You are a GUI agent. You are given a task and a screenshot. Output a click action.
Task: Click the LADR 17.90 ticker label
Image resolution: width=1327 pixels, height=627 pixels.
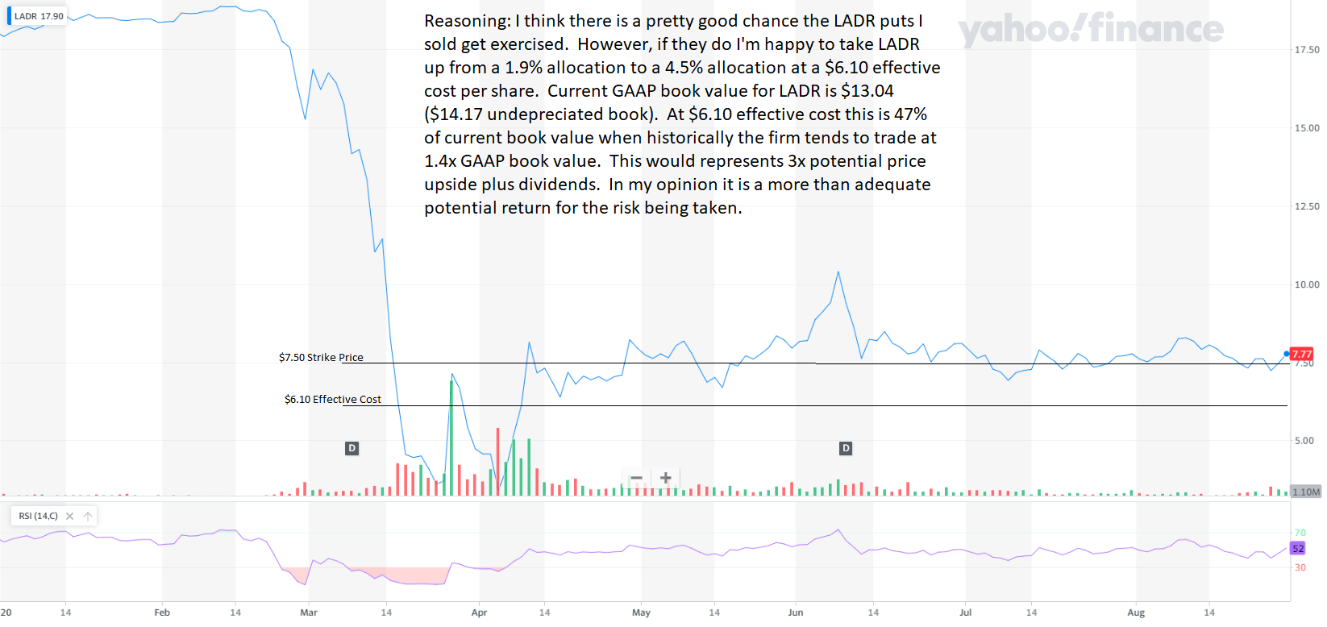(x=38, y=16)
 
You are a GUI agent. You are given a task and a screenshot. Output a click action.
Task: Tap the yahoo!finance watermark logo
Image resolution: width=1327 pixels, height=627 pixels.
(x=1090, y=29)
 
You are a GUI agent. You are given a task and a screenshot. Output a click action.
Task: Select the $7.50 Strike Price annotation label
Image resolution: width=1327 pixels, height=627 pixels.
(x=321, y=357)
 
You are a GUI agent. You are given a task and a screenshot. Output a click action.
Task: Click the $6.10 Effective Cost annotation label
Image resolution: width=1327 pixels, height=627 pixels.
(x=332, y=399)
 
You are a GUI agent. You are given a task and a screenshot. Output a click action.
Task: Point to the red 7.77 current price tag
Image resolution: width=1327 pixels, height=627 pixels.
(x=1301, y=354)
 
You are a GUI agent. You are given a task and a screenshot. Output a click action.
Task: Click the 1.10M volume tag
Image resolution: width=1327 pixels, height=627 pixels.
(x=1306, y=492)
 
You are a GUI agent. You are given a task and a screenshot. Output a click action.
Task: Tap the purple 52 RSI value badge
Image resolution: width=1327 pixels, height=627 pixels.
(x=1298, y=548)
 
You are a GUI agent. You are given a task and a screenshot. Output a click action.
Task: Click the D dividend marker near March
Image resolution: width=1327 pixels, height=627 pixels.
(x=352, y=448)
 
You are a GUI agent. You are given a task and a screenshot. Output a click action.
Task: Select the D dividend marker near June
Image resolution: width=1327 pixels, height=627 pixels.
(x=845, y=448)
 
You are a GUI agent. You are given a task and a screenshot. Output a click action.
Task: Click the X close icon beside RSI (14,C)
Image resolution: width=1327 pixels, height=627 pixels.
(x=70, y=516)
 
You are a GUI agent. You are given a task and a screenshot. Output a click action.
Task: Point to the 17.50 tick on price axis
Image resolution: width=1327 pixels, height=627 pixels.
(x=1307, y=50)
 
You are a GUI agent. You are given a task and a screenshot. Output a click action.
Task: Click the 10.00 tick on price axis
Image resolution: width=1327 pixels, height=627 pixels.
(x=1307, y=284)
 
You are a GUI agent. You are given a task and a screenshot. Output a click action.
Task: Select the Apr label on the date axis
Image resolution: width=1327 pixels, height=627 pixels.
(x=479, y=612)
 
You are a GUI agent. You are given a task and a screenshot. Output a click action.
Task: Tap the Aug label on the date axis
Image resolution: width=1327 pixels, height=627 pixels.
(x=1135, y=612)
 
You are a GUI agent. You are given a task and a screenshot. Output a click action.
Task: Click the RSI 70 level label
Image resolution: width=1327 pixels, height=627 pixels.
(x=1300, y=533)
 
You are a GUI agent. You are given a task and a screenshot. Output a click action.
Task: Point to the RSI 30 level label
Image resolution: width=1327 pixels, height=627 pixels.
(x=1300, y=567)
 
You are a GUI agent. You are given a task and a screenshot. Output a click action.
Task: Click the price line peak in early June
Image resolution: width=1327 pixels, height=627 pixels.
(x=838, y=272)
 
